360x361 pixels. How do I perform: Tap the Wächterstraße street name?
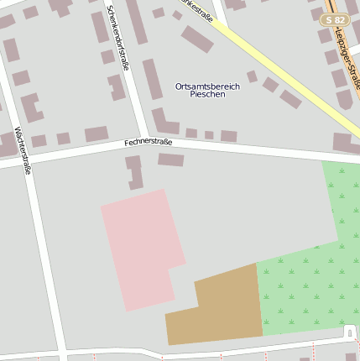coord(23,149)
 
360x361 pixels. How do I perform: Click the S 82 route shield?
coord(335,19)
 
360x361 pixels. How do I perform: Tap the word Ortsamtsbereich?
coord(207,86)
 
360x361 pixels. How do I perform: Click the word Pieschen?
coord(207,95)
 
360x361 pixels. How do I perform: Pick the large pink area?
coord(141,248)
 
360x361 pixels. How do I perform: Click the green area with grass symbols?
coord(310,269)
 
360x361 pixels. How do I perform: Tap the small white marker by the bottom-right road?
coord(350,335)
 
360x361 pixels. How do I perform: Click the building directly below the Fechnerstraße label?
coord(170,160)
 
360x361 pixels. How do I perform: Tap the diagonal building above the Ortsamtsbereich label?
coord(197,39)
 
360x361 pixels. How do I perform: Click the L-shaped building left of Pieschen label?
coord(163,121)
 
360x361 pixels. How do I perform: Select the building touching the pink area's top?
coord(134,172)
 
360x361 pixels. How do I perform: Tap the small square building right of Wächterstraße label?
coord(64,139)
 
